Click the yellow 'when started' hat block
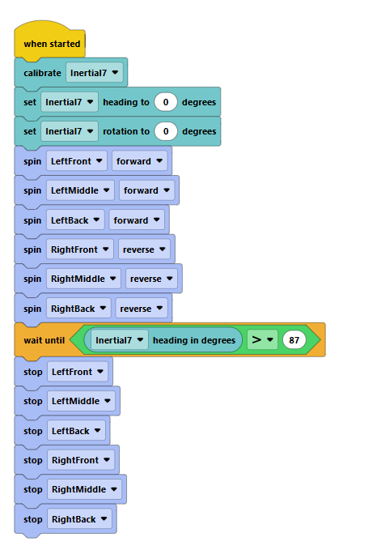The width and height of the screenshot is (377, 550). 51,43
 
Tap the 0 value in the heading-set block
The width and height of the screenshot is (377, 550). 166,102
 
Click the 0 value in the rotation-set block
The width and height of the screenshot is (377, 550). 166,131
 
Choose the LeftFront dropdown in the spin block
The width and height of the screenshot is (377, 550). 76,161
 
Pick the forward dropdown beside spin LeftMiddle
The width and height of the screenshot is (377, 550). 146,190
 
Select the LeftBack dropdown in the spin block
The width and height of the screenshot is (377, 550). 74,220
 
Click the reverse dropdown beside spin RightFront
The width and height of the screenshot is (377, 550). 143,249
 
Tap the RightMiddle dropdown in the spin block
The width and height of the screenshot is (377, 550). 83,279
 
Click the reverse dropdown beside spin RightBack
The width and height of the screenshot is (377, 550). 141,309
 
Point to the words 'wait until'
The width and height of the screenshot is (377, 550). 44,340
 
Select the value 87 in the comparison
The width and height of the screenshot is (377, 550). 293,340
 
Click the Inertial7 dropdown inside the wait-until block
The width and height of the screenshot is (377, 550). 120,340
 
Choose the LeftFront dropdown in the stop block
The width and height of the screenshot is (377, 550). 76,371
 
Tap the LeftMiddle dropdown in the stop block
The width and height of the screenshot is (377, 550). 80,401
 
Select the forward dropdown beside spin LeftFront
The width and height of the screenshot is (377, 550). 139,161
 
